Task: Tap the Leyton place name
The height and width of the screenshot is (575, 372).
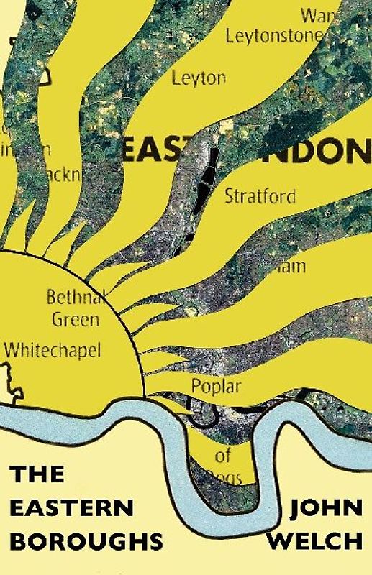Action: coord(199,78)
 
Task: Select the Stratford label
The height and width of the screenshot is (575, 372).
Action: coord(260,195)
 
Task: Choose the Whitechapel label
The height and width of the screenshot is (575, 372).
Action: coord(53,350)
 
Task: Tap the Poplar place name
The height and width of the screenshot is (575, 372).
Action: coord(216,386)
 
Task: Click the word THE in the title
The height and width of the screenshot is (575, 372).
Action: coord(37,474)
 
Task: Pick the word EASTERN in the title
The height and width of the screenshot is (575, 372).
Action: coord(72,507)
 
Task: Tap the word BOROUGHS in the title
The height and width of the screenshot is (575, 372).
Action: coord(86,540)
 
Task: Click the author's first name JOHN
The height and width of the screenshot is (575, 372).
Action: coord(323,507)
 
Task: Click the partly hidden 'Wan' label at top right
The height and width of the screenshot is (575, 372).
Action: coord(317,14)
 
